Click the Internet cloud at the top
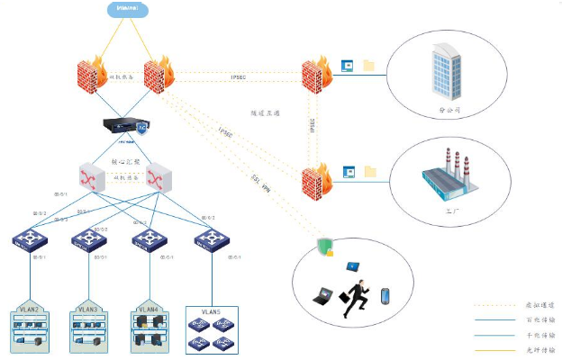coord(131,10)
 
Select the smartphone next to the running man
coord(385,296)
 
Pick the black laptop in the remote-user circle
coord(322,294)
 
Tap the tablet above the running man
coord(353,266)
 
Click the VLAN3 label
coord(87,310)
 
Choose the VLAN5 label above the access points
coord(211,311)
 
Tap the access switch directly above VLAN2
coord(30,239)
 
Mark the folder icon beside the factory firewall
coord(367,170)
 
